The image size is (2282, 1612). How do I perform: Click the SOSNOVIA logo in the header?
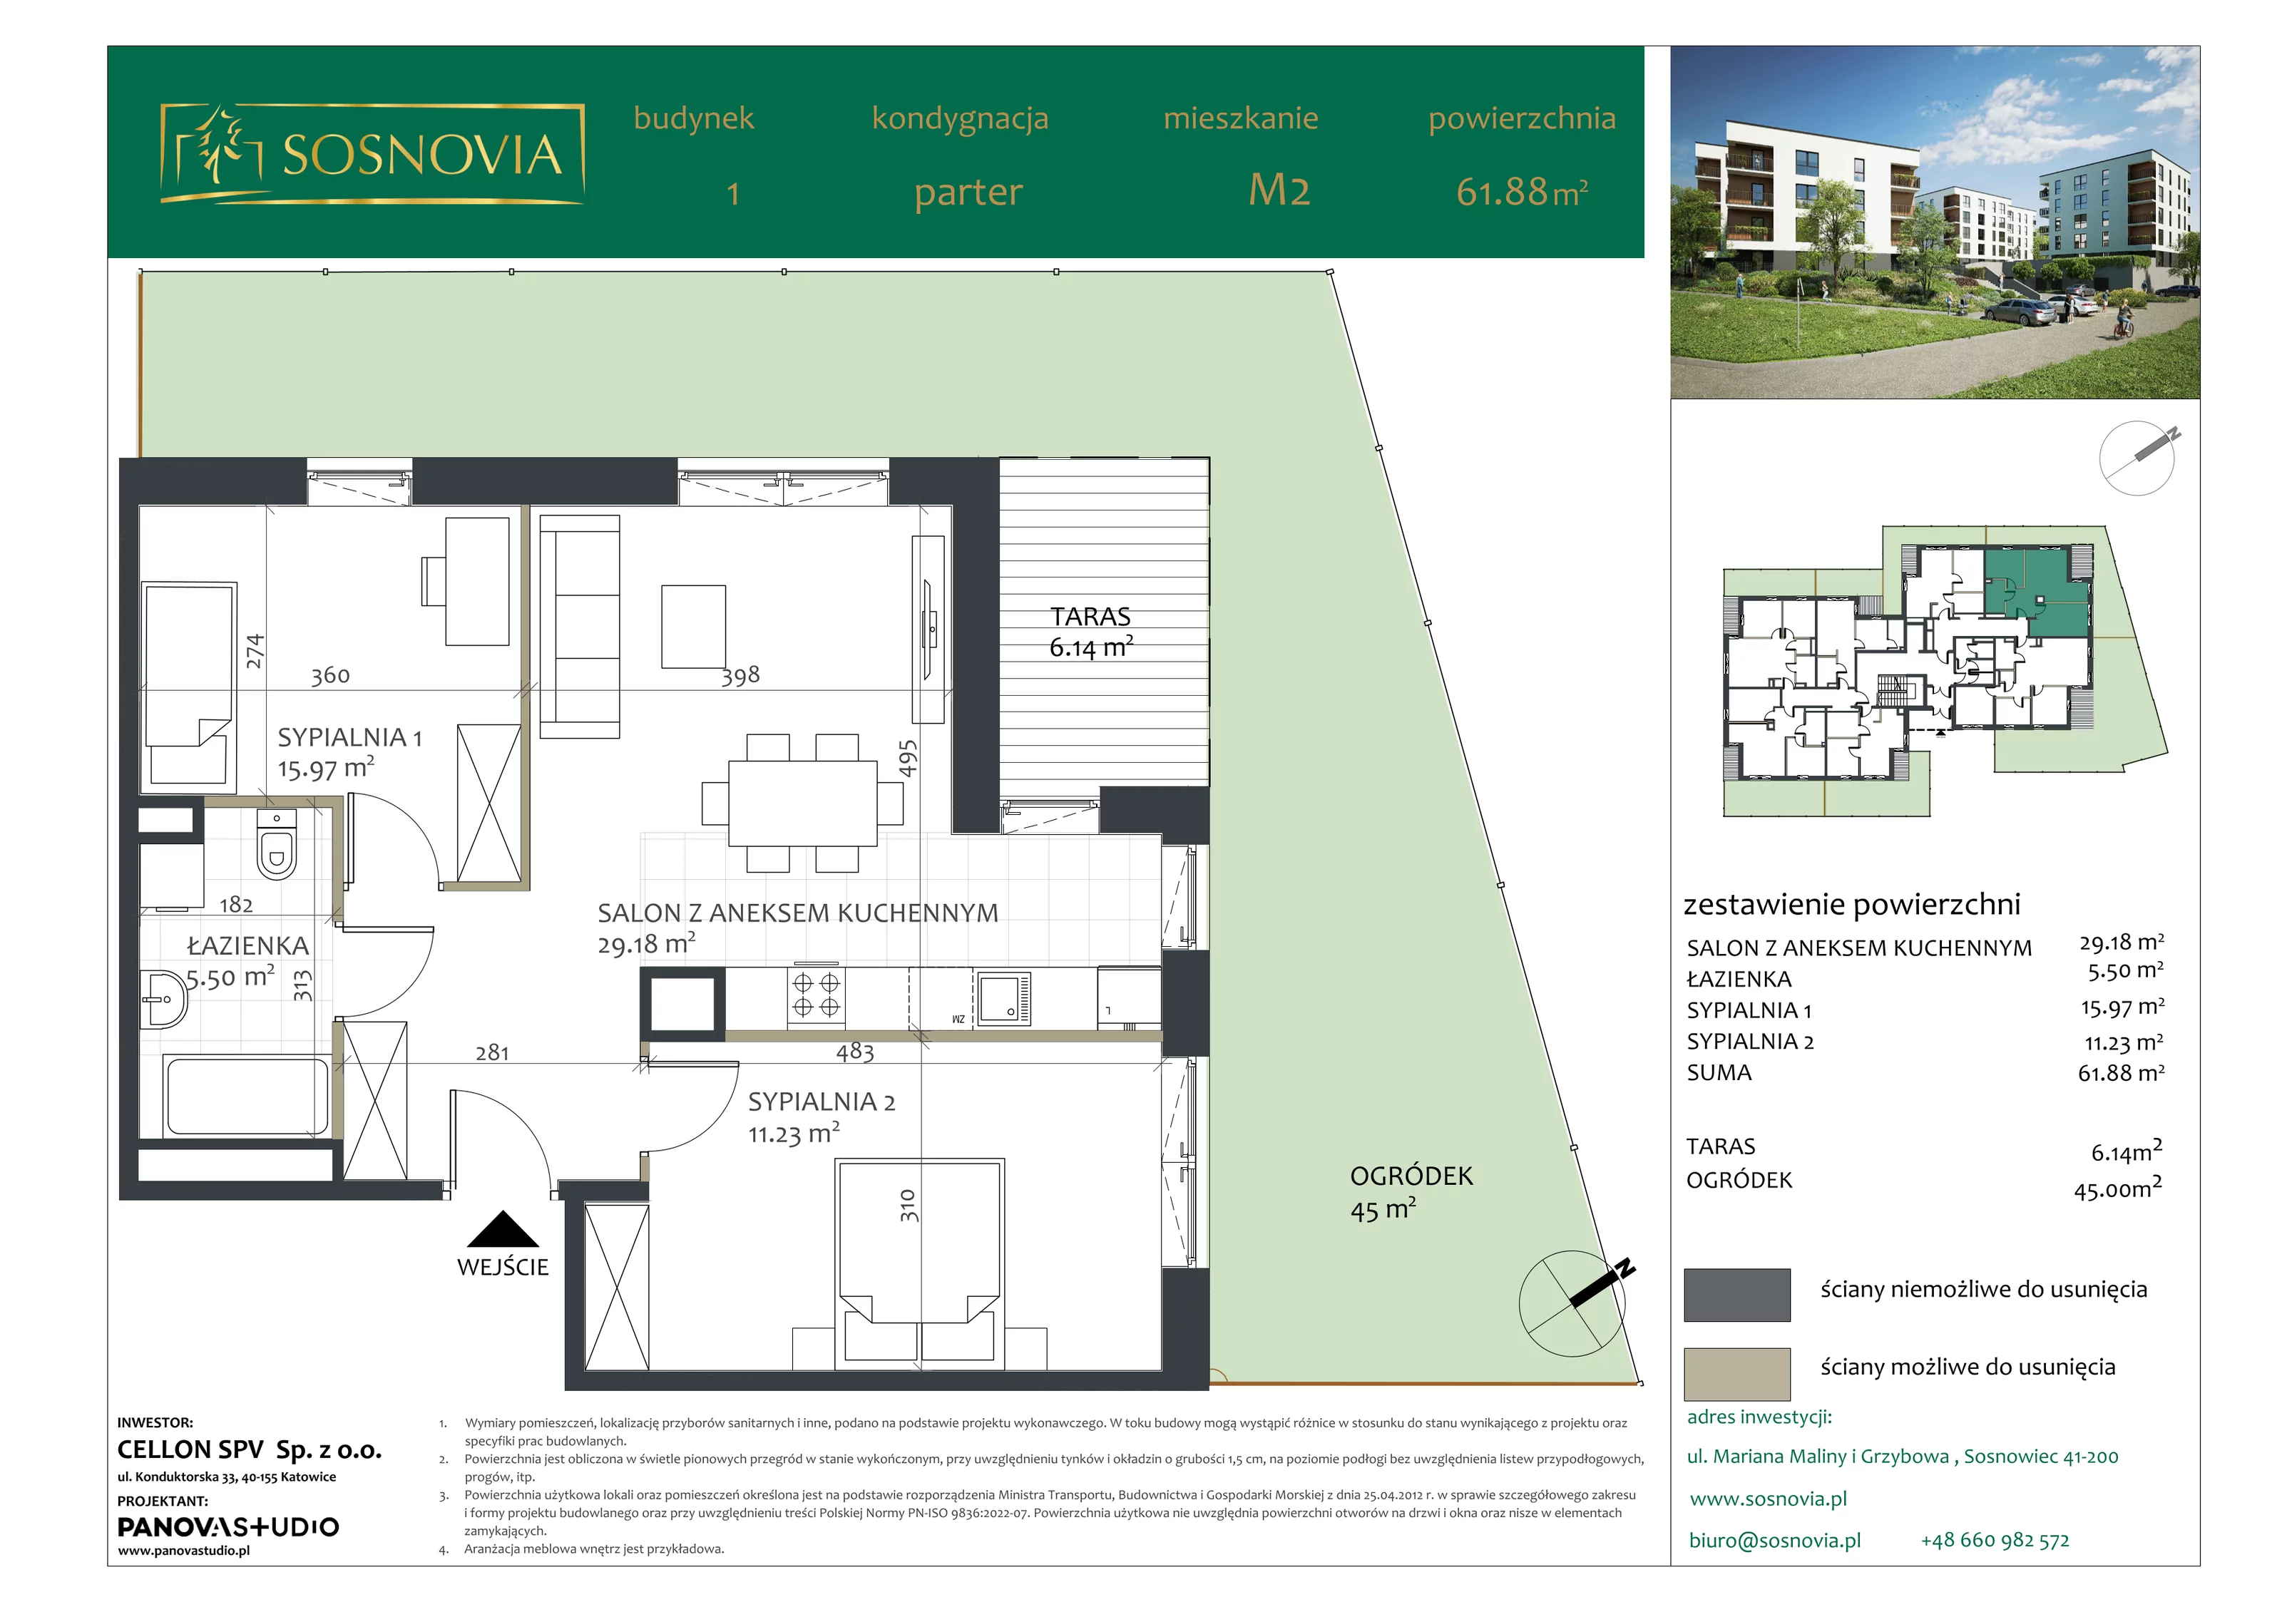(372, 154)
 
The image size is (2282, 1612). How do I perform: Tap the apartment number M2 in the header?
(1279, 190)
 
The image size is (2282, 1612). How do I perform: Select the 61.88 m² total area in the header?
(1522, 191)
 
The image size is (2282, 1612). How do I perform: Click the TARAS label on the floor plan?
(1090, 616)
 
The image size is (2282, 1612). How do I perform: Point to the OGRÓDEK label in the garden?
(1411, 1176)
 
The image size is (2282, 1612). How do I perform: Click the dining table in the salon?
(802, 803)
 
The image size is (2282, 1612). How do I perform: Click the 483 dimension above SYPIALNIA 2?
(855, 1052)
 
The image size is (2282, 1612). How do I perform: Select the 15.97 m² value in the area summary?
(2123, 1007)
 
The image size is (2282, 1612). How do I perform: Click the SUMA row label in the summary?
(1719, 1072)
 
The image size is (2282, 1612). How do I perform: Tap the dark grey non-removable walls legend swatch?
(1736, 1294)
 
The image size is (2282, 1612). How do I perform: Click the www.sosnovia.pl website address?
(1768, 1499)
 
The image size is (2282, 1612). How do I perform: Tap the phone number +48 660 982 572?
(1995, 1541)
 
